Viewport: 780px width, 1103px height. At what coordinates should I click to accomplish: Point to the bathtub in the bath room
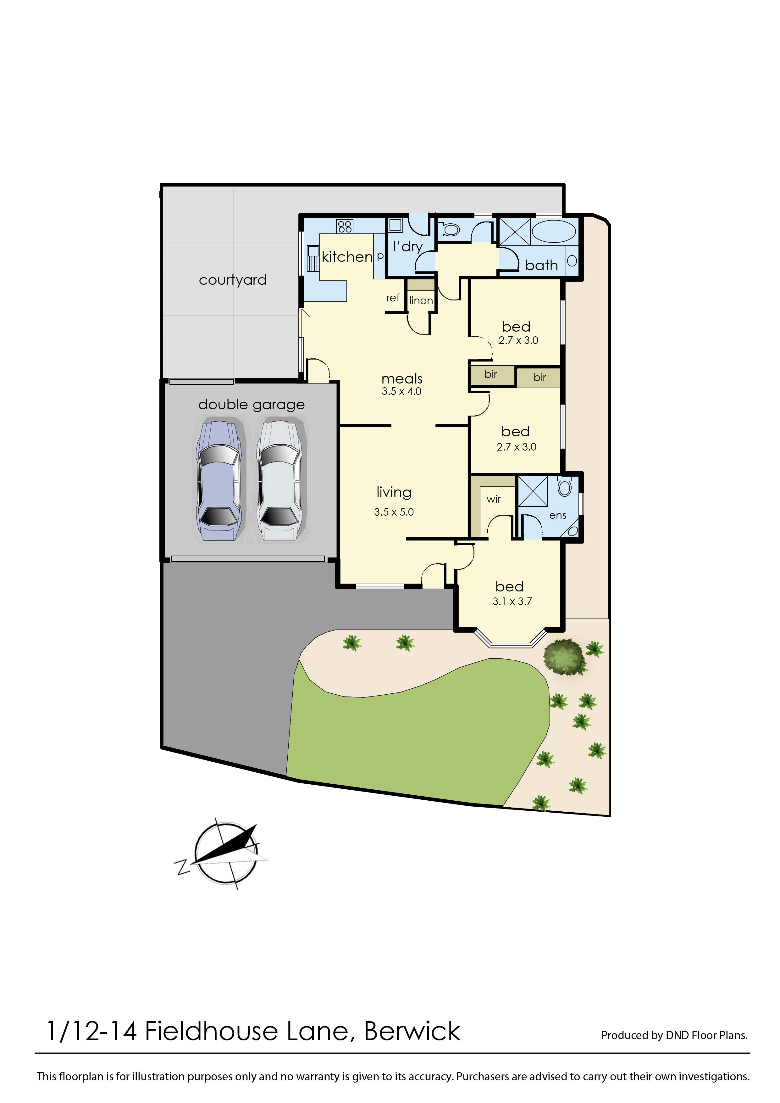coord(554,232)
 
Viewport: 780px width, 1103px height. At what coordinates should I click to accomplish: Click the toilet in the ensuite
coord(565,487)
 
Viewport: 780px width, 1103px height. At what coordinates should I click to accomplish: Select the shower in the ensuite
coord(533,491)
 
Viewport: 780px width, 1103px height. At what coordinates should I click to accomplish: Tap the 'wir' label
coord(493,499)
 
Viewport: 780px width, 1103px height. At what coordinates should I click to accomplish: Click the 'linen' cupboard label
coord(421,300)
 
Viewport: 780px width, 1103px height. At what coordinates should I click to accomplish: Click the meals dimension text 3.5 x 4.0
coord(401,391)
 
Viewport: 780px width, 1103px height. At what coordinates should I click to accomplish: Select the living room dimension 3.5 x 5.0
coord(394,512)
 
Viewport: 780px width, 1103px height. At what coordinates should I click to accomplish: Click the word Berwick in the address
coord(412,1031)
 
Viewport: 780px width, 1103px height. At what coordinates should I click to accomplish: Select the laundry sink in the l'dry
coord(395,225)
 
